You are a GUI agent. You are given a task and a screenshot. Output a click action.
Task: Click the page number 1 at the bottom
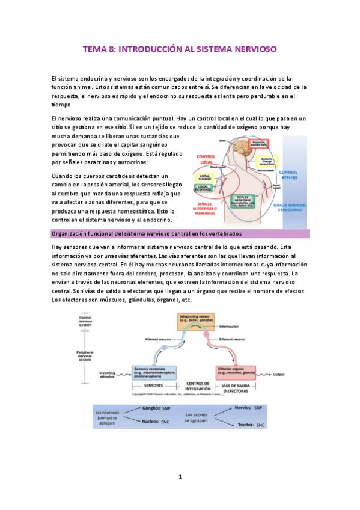click(x=180, y=476)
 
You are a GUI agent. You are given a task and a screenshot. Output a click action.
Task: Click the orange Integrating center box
click(x=194, y=321)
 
